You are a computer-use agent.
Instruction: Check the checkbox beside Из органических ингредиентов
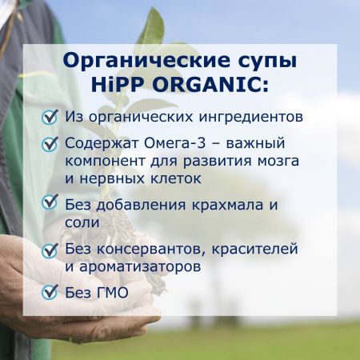[x=50, y=118]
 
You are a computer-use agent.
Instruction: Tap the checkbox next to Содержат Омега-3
[x=50, y=145]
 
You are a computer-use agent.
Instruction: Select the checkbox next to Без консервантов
[x=50, y=250]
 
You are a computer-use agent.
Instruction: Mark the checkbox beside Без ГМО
[x=50, y=293]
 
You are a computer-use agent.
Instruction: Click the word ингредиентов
[x=250, y=117]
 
